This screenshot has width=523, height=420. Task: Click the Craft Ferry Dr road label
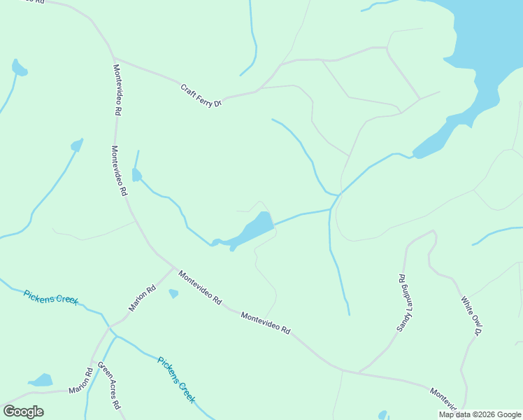point(201,96)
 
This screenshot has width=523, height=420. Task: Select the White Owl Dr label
point(472,315)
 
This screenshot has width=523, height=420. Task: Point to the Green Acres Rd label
point(109,386)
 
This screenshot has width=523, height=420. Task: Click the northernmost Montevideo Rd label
point(117,90)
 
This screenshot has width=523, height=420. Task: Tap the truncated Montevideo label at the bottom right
point(443,400)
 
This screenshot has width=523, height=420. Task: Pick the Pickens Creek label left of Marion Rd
point(50,297)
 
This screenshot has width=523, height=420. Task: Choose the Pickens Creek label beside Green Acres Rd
point(175,379)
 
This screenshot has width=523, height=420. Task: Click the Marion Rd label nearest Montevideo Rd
point(142,297)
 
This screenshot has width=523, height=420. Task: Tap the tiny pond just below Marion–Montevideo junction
point(173,294)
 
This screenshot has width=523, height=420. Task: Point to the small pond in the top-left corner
point(19,69)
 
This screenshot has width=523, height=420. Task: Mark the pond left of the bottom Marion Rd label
point(41,381)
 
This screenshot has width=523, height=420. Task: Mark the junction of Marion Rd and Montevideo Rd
point(174,267)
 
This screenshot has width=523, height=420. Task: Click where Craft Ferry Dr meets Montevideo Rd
point(113,58)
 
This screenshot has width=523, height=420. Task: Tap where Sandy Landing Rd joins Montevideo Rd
point(359,372)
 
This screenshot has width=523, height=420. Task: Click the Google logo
point(23,412)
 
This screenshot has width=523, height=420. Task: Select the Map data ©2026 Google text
point(480,414)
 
